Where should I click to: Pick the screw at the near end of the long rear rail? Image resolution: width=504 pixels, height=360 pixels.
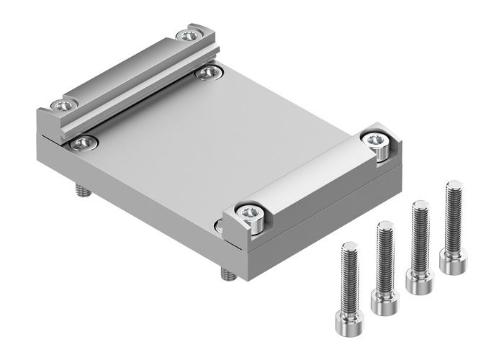(x=63, y=107)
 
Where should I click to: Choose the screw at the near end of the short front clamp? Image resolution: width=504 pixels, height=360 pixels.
(x=250, y=212)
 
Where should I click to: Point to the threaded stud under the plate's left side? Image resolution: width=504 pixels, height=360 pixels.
(x=81, y=190)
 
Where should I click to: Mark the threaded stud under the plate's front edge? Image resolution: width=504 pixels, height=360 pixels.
(x=226, y=274)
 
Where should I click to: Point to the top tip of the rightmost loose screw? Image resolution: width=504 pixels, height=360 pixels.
(x=453, y=184)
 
